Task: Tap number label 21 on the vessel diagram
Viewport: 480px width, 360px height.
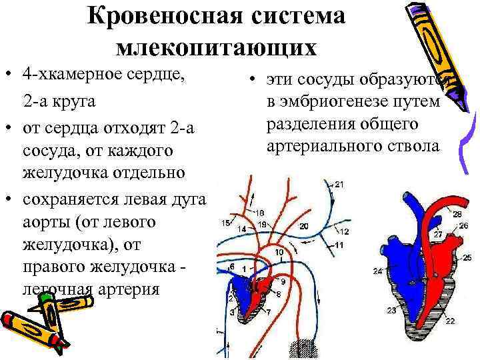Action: (x=339, y=184)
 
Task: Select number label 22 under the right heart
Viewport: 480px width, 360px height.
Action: (x=451, y=321)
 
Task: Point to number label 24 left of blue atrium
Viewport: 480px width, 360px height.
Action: (x=378, y=271)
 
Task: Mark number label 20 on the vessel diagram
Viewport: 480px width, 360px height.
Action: (x=303, y=227)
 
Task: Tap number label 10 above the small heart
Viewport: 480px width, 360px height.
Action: (x=279, y=253)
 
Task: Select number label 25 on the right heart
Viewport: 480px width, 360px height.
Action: (x=467, y=257)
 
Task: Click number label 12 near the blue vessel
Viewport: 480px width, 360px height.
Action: (x=344, y=232)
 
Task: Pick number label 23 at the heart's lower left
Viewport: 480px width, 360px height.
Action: (x=391, y=311)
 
